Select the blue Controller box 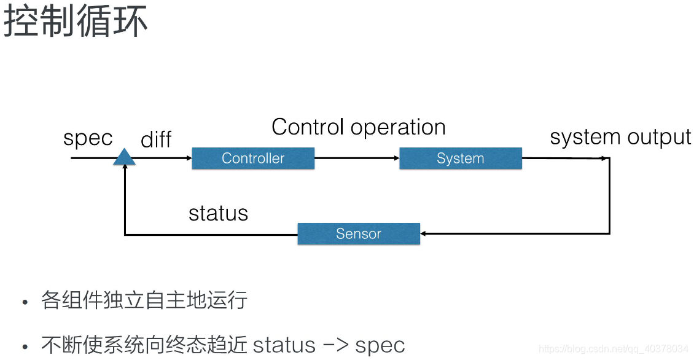pyautogui.click(x=253, y=158)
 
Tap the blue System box pyautogui.click(x=460, y=158)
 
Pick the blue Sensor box pyautogui.click(x=359, y=234)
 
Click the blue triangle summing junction pyautogui.click(x=125, y=158)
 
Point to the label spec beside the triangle pyautogui.click(x=88, y=139)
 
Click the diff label pyautogui.click(x=156, y=140)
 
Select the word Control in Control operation pyautogui.click(x=308, y=127)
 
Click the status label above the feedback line pyautogui.click(x=218, y=213)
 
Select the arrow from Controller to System pyautogui.click(x=356, y=158)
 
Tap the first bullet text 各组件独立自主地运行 pyautogui.click(x=144, y=301)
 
